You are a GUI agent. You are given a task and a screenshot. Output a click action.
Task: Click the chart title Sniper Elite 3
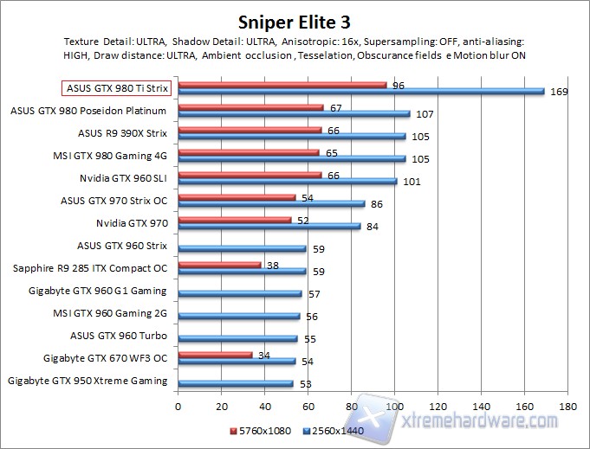tap(294, 19)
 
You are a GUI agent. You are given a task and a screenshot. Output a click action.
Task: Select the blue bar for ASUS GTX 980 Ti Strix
tap(360, 91)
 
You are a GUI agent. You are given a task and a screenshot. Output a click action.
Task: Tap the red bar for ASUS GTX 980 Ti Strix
tap(282, 85)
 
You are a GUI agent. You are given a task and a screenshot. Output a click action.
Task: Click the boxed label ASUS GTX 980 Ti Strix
tap(116, 88)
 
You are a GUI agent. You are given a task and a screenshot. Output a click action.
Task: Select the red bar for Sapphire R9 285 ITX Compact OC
tap(219, 265)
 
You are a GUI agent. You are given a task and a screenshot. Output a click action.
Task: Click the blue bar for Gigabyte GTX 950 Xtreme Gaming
tap(235, 383)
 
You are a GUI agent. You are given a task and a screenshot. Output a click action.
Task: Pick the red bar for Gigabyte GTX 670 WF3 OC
tap(215, 355)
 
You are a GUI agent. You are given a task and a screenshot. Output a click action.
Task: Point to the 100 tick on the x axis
tap(394, 405)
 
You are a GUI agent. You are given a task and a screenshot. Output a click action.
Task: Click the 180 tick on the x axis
tap(567, 405)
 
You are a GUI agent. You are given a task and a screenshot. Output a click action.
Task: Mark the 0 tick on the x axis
tap(178, 405)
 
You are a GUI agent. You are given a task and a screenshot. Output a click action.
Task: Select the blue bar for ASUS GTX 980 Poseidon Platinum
tap(294, 113)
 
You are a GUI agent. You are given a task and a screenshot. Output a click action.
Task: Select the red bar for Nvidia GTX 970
tap(235, 220)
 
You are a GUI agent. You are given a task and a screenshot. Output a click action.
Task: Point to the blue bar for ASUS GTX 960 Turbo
tap(237, 338)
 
